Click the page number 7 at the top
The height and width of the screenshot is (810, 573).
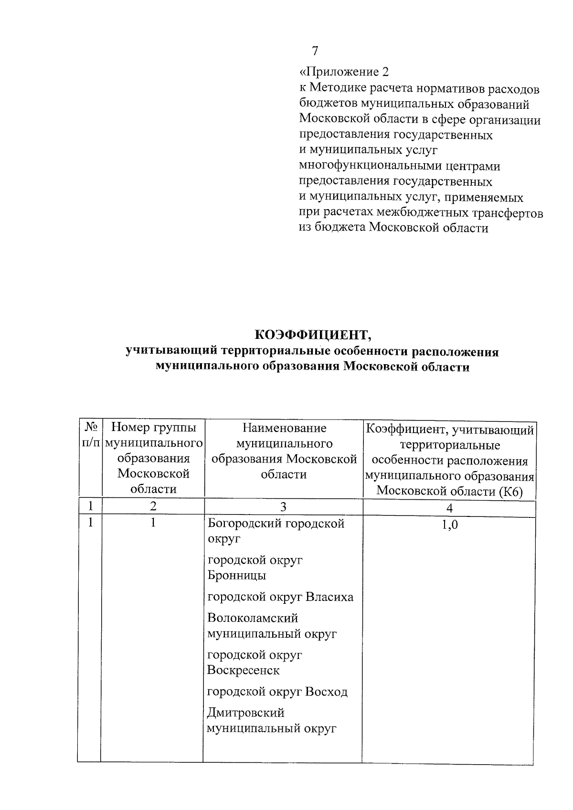(315, 51)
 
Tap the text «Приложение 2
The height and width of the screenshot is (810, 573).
(344, 72)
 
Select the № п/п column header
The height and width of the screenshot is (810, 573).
(90, 435)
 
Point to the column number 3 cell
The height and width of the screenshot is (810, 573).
(283, 507)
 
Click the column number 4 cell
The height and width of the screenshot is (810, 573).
(449, 508)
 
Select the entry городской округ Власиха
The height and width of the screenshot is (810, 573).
(280, 597)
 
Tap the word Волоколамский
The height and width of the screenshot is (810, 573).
(253, 618)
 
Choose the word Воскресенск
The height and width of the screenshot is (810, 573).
(244, 670)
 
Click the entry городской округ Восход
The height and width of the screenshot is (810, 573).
(277, 692)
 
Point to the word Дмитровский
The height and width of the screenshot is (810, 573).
(245, 713)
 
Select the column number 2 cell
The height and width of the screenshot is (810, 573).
(153, 506)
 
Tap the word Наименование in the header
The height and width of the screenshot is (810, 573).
(284, 428)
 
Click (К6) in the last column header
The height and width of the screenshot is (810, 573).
(512, 492)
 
